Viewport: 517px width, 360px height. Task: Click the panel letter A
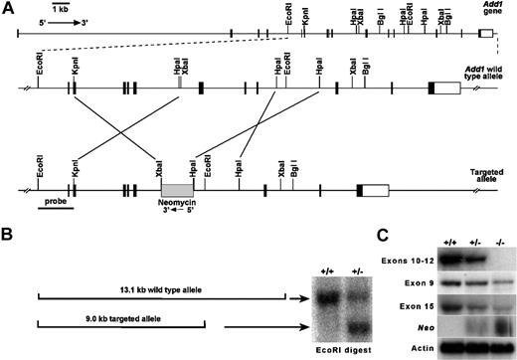click(10, 8)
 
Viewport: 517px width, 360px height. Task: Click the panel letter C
click(382, 236)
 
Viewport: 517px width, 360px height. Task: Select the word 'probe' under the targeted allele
click(57, 200)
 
